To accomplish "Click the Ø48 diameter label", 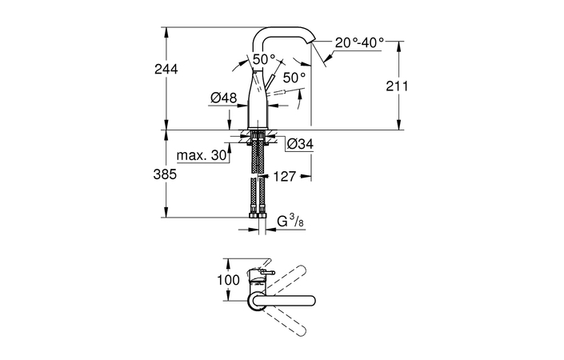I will (224, 98).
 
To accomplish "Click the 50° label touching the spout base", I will (264, 58).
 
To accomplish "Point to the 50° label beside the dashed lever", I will (294, 78).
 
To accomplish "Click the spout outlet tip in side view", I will (313, 45).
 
